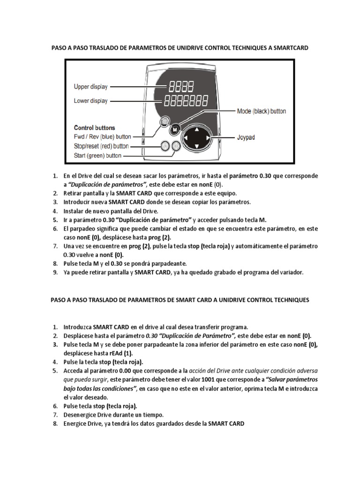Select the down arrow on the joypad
[197, 149]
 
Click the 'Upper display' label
[90, 87]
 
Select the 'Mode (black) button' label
[261, 112]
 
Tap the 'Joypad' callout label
[247, 138]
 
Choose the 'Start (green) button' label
[97, 156]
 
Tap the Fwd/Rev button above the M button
[164, 122]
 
